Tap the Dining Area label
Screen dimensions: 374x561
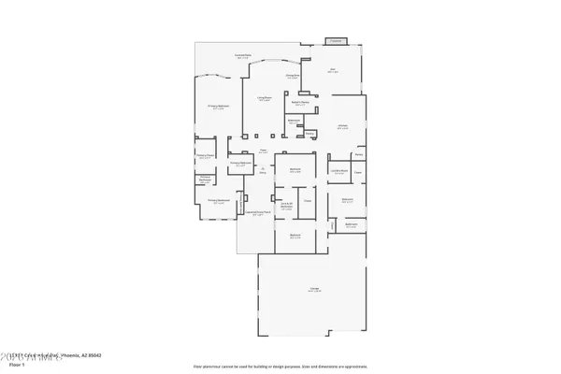292,76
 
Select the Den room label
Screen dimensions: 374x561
332,69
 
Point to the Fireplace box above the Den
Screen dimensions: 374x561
336,41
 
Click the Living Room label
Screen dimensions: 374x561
265,97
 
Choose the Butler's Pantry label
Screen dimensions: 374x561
301,103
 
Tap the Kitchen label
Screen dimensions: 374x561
343,126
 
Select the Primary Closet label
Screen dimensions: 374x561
206,155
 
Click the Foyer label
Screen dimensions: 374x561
264,151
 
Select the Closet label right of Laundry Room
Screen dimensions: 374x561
357,171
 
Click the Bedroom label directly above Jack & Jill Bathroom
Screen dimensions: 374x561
295,171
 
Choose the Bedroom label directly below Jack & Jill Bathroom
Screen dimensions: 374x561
295,237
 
